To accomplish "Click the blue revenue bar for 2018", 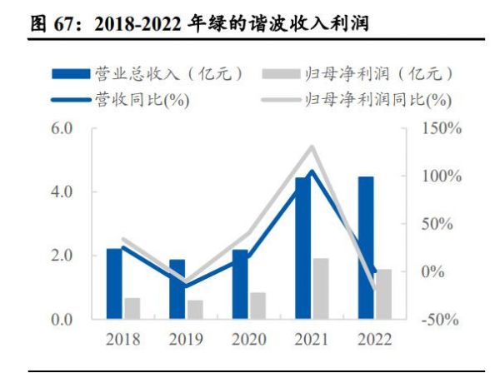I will [x=114, y=283].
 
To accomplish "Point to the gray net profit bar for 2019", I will [x=195, y=309].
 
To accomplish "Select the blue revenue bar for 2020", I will [x=240, y=283].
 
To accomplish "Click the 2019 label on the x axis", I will [x=186, y=341].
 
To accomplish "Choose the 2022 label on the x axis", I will [x=375, y=341].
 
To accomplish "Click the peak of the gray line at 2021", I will [x=312, y=147].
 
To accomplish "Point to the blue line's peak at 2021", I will [x=312, y=172].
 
